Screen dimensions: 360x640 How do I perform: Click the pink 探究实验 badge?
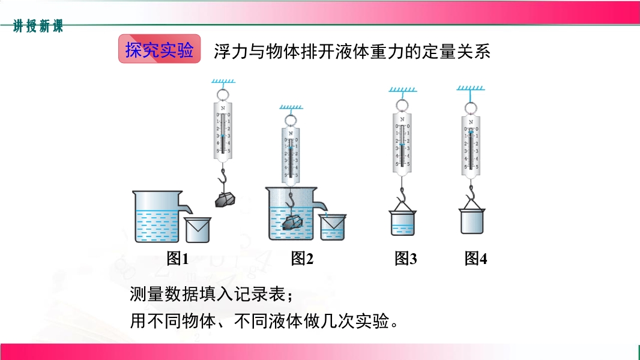point(159,50)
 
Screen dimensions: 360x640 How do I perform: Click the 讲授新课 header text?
point(38,26)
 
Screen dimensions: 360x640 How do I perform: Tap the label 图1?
point(178,259)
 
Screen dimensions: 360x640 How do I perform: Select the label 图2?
point(303,259)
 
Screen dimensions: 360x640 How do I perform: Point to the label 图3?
point(406,259)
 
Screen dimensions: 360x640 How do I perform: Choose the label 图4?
point(475,259)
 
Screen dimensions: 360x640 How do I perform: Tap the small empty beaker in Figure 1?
point(198,229)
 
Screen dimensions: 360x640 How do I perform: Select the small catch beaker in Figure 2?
point(333,227)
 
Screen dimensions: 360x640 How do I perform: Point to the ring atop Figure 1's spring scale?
point(223,94)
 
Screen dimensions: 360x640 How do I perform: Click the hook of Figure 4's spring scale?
point(472,191)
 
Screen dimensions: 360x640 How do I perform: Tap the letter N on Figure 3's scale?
point(402,120)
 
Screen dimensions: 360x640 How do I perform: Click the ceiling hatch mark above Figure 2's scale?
point(291,108)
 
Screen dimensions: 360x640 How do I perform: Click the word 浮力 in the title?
point(226,52)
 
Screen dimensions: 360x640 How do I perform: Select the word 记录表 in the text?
point(262,295)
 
